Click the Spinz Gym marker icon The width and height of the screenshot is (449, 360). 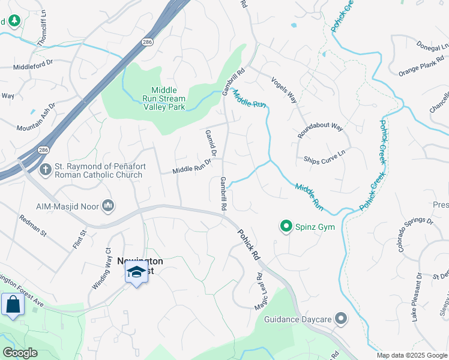(x=286, y=226)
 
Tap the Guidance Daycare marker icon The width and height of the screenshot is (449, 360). (x=342, y=319)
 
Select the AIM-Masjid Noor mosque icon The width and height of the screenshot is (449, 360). (x=109, y=206)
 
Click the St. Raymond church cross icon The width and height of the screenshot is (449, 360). (x=45, y=170)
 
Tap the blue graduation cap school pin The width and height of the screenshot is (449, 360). (x=137, y=271)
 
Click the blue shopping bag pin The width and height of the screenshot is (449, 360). (x=13, y=304)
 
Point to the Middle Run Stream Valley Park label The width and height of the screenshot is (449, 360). (x=164, y=97)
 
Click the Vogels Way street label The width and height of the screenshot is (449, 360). (x=284, y=90)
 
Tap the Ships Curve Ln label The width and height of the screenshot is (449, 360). (x=325, y=153)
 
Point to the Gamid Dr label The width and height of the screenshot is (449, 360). (x=209, y=141)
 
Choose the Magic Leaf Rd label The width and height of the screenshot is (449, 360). (x=259, y=292)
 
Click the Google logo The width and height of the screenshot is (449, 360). (x=20, y=353)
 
